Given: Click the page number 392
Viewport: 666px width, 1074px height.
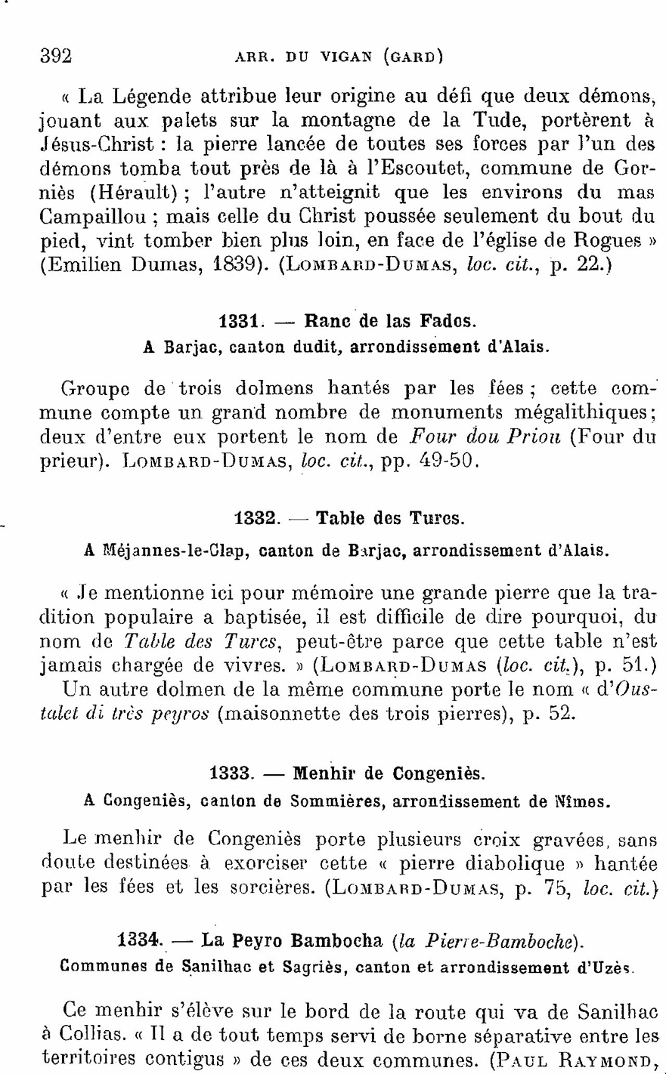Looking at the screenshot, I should (55, 56).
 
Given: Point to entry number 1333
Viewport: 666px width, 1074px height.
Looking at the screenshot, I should (231, 774).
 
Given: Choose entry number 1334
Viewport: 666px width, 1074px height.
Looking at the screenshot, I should (141, 941).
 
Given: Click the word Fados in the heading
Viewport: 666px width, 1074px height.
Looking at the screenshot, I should (449, 321).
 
